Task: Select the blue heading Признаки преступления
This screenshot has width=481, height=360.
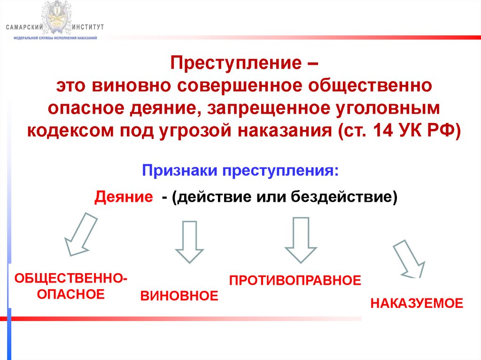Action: click(240, 170)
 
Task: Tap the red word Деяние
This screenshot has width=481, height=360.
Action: click(124, 197)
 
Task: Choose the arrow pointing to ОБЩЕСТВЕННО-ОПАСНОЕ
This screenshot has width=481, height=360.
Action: click(80, 234)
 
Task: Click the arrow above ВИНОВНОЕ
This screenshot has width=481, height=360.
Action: click(189, 241)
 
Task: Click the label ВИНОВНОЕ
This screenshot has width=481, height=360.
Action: click(179, 296)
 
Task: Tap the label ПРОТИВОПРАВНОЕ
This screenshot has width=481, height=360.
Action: click(295, 281)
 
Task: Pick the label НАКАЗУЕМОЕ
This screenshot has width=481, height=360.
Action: click(417, 303)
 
